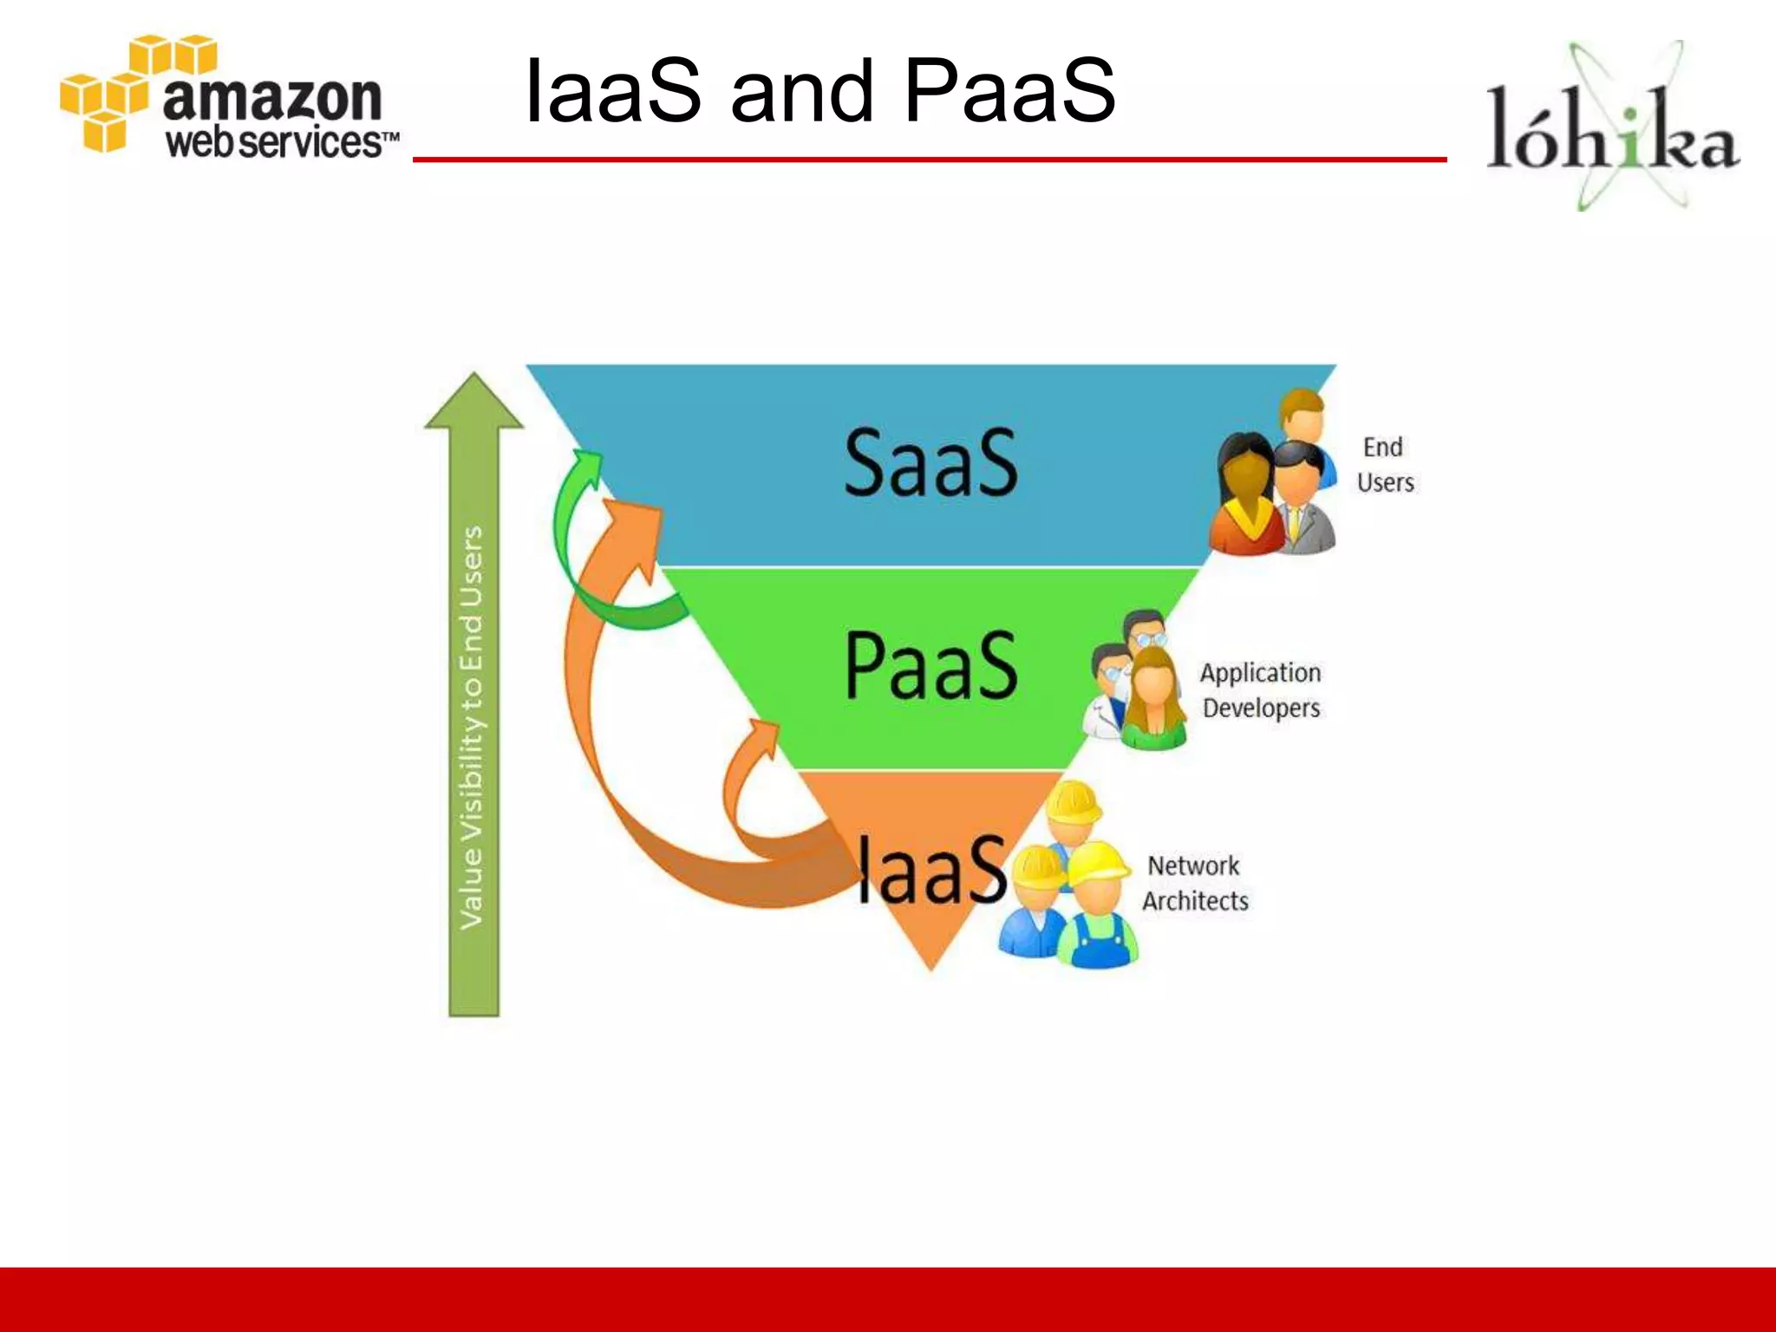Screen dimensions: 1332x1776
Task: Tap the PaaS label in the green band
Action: click(930, 665)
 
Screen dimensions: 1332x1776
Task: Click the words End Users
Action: click(1385, 465)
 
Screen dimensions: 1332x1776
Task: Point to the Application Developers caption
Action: click(1261, 690)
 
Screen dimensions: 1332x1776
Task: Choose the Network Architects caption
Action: click(1195, 883)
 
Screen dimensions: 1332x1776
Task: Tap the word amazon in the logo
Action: click(272, 97)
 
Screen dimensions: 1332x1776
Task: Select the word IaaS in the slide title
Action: click(613, 91)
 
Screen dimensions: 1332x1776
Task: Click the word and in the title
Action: click(801, 91)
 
